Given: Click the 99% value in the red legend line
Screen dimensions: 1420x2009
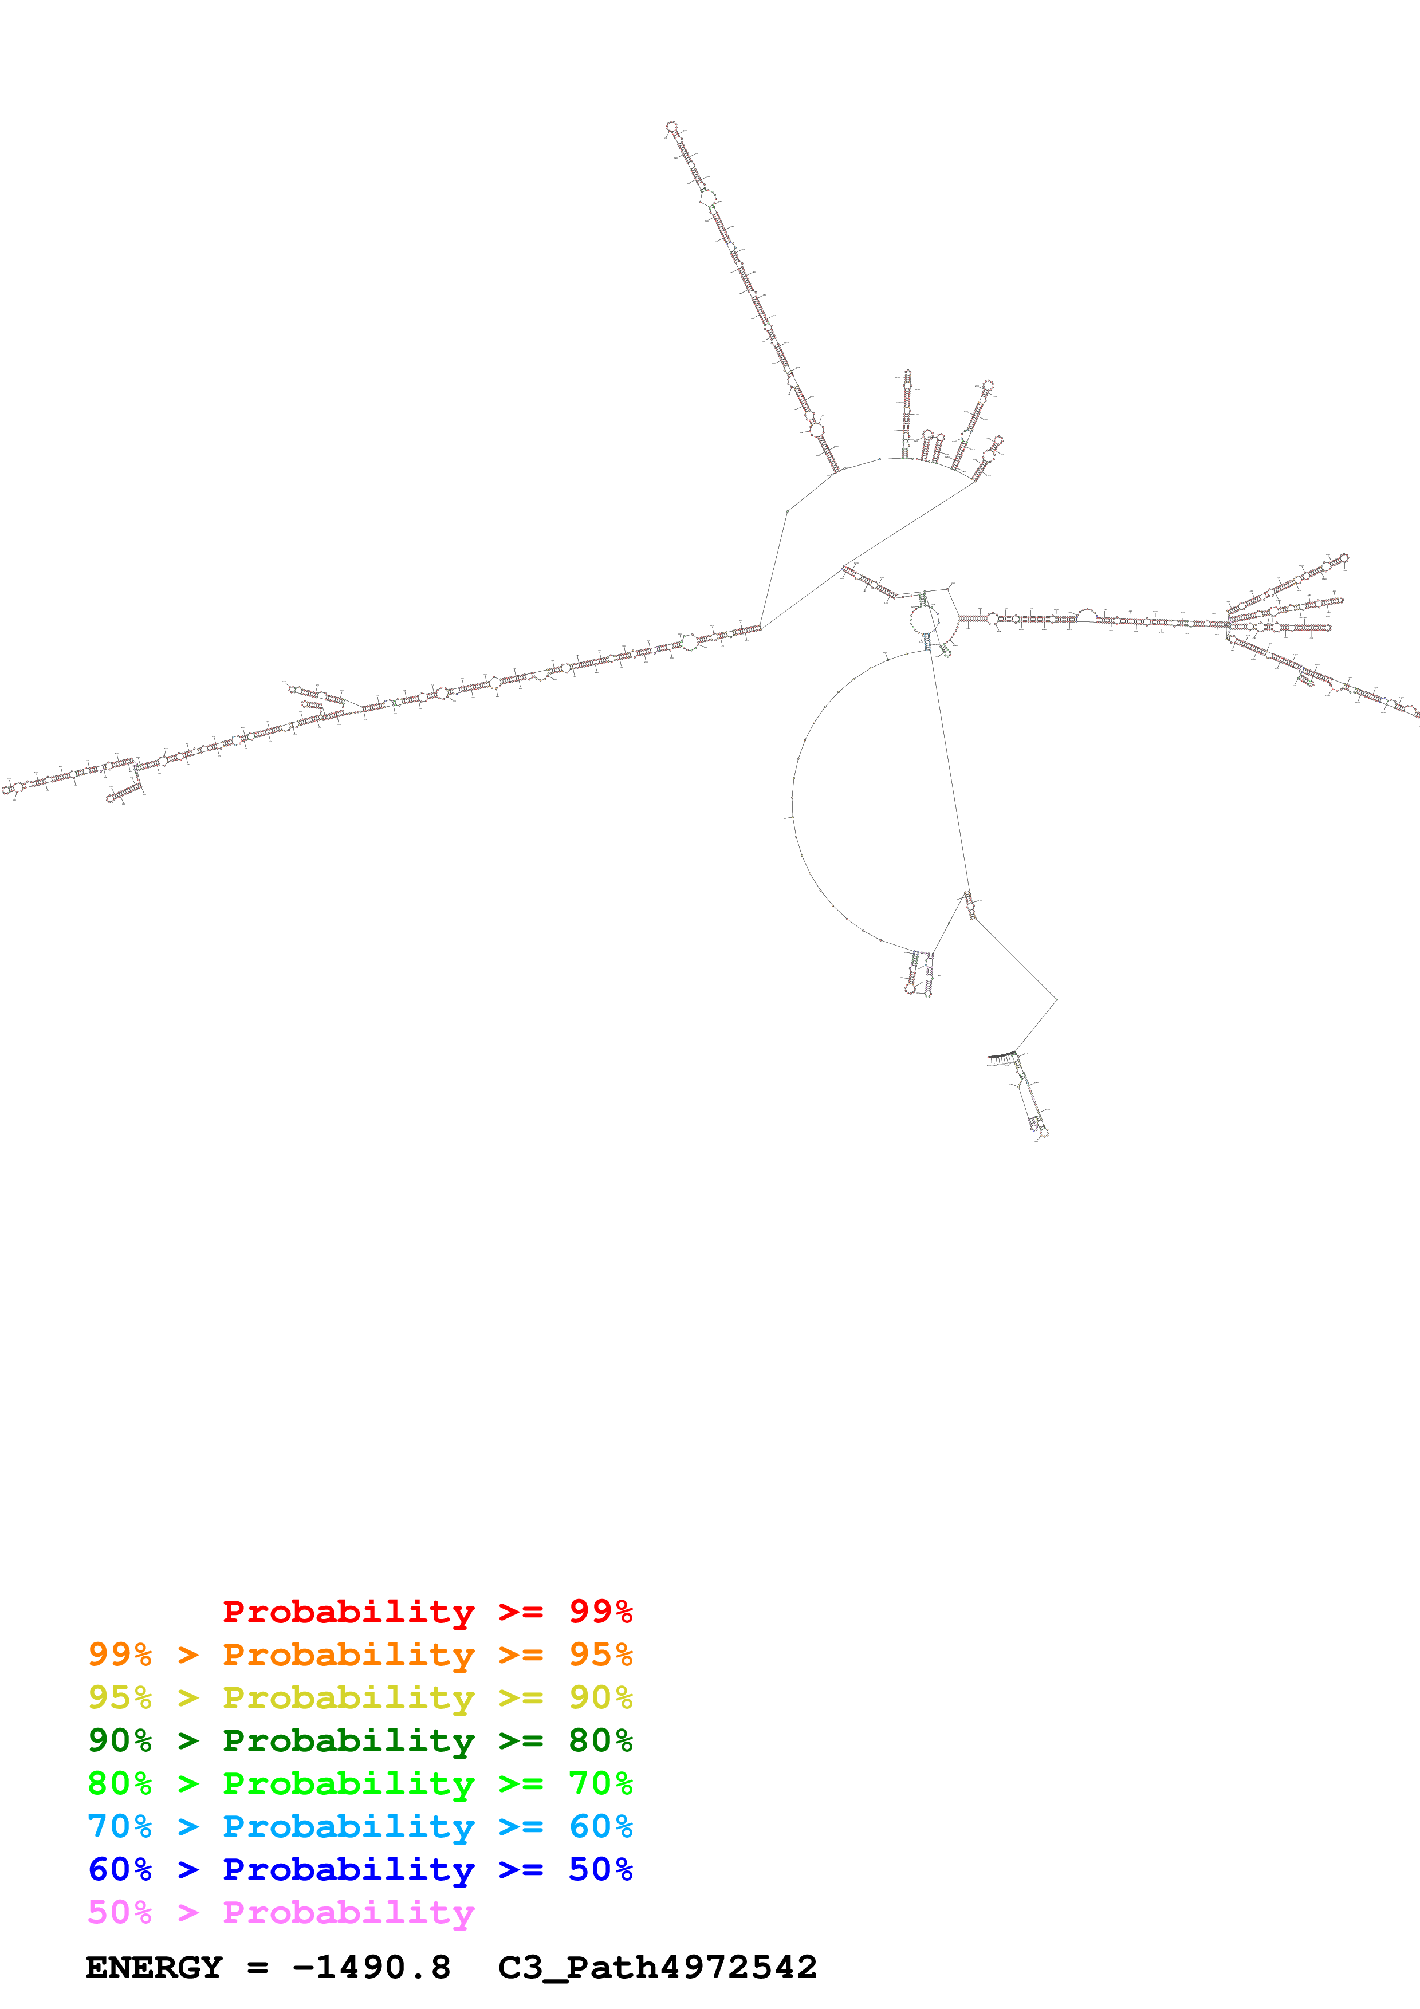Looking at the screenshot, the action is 600,1611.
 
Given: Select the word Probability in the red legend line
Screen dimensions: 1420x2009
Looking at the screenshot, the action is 348,1611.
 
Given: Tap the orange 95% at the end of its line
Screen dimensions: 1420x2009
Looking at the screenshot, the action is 600,1654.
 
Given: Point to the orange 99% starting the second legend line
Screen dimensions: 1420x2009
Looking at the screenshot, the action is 120,1654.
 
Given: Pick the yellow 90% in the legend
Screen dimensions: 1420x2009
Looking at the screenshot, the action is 600,1697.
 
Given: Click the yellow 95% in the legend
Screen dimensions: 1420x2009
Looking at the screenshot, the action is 120,1697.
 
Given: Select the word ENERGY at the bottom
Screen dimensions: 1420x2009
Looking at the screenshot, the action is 154,1967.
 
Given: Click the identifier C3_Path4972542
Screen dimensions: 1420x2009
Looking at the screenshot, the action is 657,1967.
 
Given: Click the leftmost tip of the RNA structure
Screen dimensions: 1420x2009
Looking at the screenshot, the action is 6,790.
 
